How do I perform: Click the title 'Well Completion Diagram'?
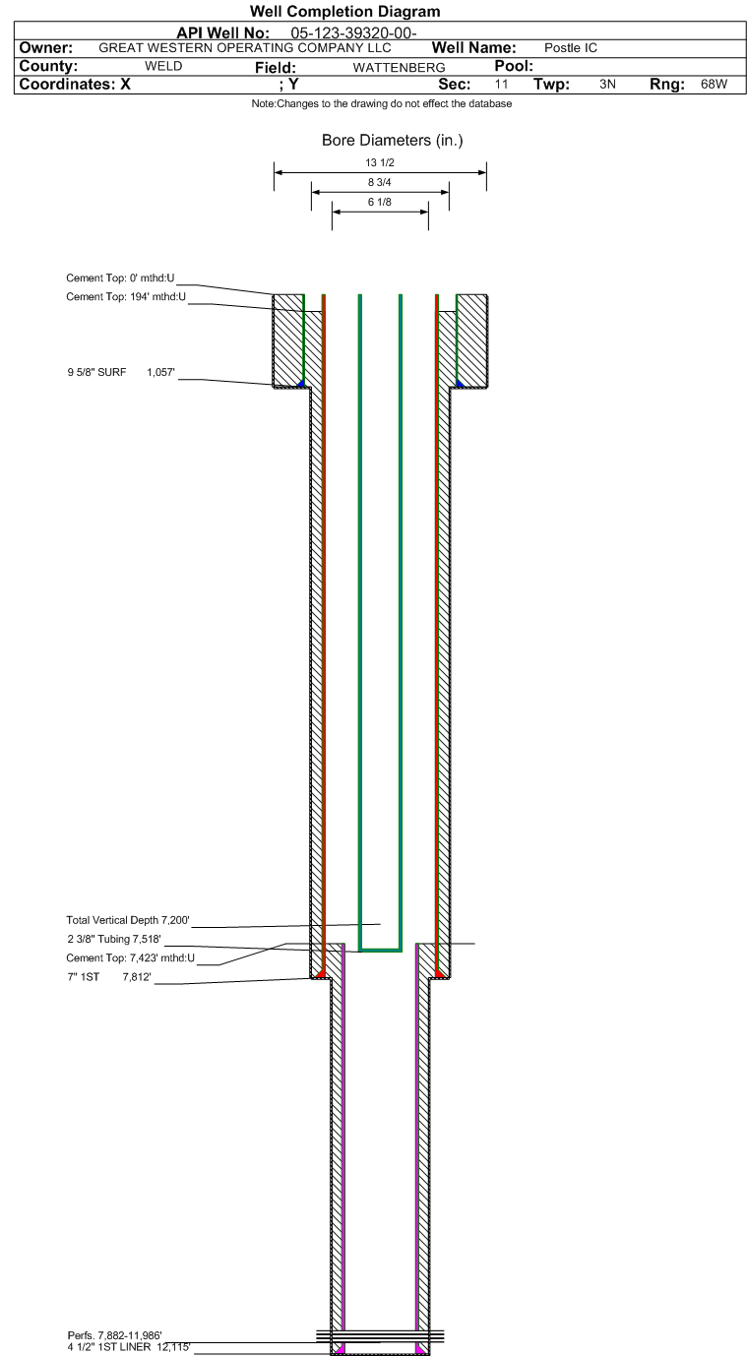[x=345, y=11]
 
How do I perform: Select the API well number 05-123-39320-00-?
[x=353, y=32]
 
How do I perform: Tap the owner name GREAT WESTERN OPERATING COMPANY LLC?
[x=244, y=48]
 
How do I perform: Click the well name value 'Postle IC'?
[x=570, y=48]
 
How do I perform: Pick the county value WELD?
[x=163, y=66]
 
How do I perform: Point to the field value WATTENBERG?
[x=399, y=67]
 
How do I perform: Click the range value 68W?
[x=714, y=85]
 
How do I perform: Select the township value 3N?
[x=607, y=85]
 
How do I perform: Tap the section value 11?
[x=501, y=85]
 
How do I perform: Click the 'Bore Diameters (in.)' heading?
[x=393, y=141]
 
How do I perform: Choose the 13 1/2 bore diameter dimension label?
[x=380, y=162]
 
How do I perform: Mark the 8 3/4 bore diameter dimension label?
[x=380, y=182]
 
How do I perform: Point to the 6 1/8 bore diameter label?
[x=380, y=202]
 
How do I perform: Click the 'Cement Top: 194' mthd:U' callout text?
[x=126, y=296]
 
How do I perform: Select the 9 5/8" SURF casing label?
[x=96, y=372]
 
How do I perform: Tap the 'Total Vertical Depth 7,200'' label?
[x=128, y=920]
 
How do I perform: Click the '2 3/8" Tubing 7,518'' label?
[x=114, y=939]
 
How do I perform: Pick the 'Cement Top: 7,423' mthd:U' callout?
[x=130, y=957]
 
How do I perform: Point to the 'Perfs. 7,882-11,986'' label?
[x=114, y=1335]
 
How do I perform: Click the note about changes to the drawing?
[x=381, y=103]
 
